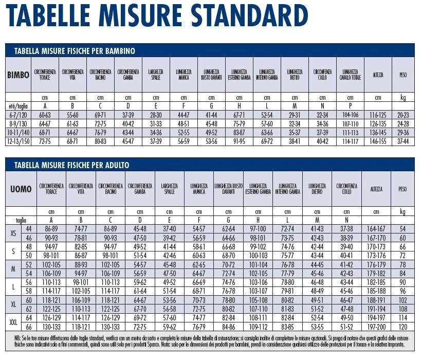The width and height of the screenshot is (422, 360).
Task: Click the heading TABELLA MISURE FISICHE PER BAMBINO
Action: coord(75,51)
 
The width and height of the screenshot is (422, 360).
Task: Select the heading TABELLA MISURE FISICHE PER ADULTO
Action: coord(72,165)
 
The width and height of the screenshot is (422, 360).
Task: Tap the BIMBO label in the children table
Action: coord(19,75)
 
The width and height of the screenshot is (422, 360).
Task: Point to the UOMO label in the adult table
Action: coord(21,189)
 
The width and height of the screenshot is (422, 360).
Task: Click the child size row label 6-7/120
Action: coord(19,115)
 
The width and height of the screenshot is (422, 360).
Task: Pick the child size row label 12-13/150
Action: coord(19,141)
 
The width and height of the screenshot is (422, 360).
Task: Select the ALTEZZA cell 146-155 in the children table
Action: coord(378,141)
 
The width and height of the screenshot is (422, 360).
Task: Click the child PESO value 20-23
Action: coord(403,115)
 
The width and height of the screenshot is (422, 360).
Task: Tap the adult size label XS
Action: coord(13,233)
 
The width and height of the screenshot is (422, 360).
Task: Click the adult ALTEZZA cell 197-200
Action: coord(376,326)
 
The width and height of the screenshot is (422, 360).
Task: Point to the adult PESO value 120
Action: coord(402,326)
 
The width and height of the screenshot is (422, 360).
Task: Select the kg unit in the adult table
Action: coord(402,211)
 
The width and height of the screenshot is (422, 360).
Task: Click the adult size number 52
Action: coord(29,264)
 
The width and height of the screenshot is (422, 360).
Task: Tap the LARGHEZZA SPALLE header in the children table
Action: coord(155,75)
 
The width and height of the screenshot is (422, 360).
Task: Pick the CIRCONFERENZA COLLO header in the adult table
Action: coord(347,189)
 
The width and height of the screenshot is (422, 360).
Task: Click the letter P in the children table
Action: coord(350,106)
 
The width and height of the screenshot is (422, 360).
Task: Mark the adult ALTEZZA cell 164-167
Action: coord(376,229)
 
